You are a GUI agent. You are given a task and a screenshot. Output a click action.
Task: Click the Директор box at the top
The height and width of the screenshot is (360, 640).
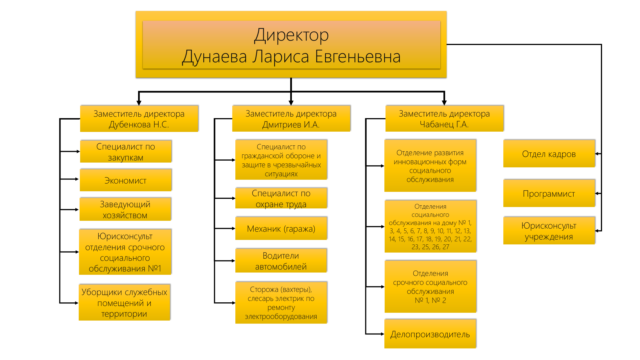pyautogui.click(x=291, y=44)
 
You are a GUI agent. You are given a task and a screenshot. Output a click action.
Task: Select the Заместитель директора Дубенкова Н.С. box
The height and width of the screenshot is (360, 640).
pyautogui.click(x=139, y=119)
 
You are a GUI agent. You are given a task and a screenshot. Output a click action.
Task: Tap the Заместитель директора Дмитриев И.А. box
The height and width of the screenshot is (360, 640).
pyautogui.click(x=291, y=119)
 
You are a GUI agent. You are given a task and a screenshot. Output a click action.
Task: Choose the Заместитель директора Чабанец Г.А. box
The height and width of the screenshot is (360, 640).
pyautogui.click(x=444, y=119)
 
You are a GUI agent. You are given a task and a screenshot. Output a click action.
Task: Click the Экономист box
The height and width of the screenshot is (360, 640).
pyautogui.click(x=125, y=180)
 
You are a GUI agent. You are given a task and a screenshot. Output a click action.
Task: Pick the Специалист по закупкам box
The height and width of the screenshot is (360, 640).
pyautogui.click(x=125, y=152)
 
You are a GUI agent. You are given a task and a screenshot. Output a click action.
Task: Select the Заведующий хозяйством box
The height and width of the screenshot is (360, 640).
pyautogui.click(x=125, y=210)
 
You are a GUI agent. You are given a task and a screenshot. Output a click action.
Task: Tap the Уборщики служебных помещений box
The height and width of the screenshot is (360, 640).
pyautogui.click(x=124, y=303)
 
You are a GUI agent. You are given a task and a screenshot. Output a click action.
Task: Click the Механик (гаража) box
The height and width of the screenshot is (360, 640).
pyautogui.click(x=281, y=228)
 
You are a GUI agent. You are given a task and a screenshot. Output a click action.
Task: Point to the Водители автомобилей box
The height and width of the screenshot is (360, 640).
pyautogui.click(x=281, y=261)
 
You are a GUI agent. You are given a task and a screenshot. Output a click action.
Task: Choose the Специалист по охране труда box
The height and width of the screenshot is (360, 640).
pyautogui.click(x=281, y=198)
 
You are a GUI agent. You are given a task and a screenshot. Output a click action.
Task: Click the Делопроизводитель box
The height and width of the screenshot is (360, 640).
pyautogui.click(x=430, y=334)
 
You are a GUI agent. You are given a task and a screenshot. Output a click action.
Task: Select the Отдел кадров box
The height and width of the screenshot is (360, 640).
pyautogui.click(x=549, y=154)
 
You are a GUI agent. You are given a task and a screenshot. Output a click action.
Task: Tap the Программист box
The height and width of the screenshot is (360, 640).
pyautogui.click(x=549, y=193)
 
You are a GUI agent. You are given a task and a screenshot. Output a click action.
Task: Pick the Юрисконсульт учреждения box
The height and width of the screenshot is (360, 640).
pyautogui.click(x=549, y=231)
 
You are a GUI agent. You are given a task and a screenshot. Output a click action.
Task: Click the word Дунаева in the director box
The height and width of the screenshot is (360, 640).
pyautogui.click(x=215, y=57)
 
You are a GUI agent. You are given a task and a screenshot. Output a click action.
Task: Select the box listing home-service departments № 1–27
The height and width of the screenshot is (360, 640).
pyautogui.click(x=430, y=226)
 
